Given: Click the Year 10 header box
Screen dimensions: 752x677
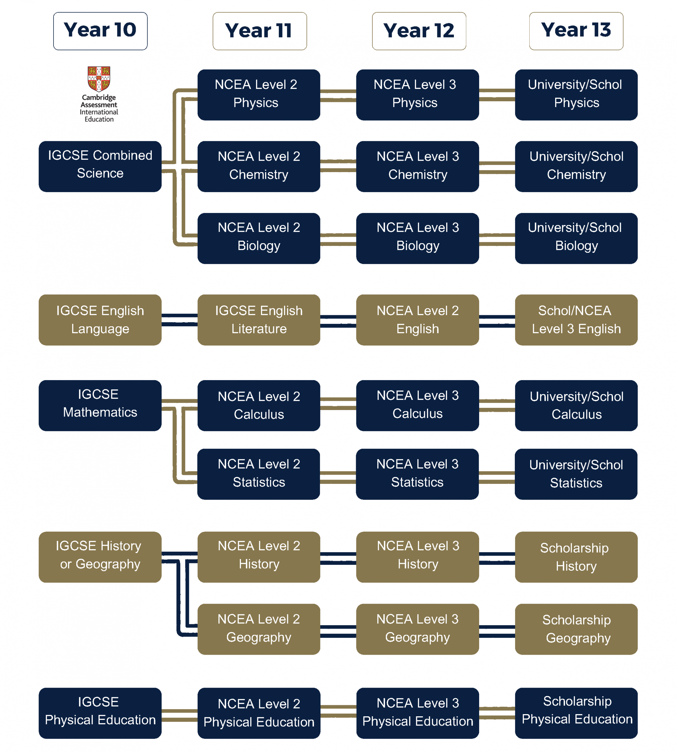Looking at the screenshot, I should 100,31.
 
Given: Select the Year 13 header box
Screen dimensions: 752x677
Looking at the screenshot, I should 576,31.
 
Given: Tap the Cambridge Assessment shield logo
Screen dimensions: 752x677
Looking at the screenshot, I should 99,78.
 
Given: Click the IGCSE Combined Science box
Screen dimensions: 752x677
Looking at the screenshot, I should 100,166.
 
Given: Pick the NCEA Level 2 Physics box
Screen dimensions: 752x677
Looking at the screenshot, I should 258,95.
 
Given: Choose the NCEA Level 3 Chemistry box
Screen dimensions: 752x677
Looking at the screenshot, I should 417,166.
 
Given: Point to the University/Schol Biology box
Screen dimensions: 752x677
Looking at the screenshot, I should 576,238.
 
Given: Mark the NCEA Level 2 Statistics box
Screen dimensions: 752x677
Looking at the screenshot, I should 258,474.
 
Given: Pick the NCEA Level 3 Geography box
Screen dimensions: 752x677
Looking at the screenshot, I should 417,629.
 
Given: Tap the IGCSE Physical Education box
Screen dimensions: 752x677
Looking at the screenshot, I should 100,713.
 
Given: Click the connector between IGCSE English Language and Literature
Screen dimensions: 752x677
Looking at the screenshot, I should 179,320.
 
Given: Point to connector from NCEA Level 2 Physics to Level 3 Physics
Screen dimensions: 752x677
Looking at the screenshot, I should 338,95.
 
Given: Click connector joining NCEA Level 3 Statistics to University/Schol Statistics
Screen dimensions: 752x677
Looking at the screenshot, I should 497,477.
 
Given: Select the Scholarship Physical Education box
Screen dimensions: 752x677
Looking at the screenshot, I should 576,713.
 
